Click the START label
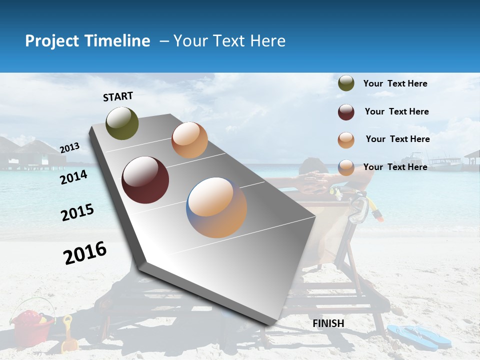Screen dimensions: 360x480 118,96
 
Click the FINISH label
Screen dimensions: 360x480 328,323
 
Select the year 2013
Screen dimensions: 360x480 70,147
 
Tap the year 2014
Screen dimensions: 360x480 74,177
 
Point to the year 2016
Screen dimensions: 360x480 85,253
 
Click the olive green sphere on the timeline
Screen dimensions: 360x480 122,123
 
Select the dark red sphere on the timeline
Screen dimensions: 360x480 145,180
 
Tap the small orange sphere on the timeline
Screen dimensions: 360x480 189,140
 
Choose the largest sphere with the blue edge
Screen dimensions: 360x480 216,207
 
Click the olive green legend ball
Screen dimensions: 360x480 346,83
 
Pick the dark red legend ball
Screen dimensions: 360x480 346,112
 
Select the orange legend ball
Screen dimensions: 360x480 346,140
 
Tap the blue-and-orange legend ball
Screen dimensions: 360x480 346,167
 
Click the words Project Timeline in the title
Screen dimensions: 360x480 87,41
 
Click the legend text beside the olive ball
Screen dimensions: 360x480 395,83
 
